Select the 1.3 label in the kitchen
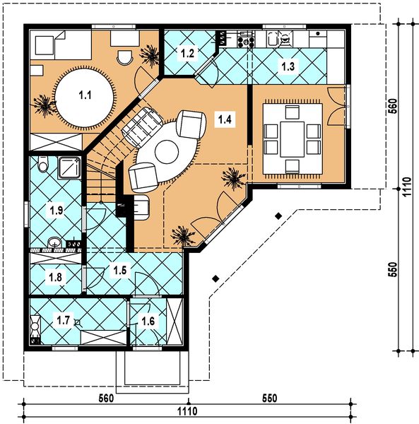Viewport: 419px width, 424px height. pyautogui.click(x=288, y=66)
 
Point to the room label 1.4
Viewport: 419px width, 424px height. pyautogui.click(x=225, y=119)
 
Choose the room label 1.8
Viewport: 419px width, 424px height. pyautogui.click(x=55, y=278)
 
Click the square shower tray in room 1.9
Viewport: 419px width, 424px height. pyautogui.click(x=70, y=167)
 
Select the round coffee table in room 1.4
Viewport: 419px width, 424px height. pyautogui.click(x=168, y=151)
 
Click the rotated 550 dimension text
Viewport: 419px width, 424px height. pyautogui.click(x=394, y=271)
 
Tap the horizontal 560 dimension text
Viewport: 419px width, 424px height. pyautogui.click(x=106, y=397)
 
